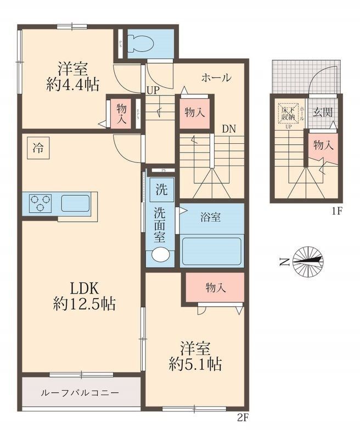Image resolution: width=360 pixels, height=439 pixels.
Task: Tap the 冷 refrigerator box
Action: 38,148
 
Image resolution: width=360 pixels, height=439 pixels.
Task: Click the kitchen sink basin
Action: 75,203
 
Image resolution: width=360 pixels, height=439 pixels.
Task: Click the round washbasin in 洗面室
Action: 161,254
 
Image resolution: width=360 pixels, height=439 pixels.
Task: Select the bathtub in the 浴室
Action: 212,251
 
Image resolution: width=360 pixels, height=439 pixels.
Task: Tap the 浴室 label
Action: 211,217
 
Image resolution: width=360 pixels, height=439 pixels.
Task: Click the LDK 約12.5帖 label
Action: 84,296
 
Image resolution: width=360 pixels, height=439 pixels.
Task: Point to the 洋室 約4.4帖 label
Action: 72,77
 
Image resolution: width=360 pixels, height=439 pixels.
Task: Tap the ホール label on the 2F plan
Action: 216,78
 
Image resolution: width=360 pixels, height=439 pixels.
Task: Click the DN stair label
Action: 229,129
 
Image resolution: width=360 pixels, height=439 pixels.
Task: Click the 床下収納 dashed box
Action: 289,114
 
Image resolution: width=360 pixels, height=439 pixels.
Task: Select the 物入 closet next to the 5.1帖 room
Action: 213,287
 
